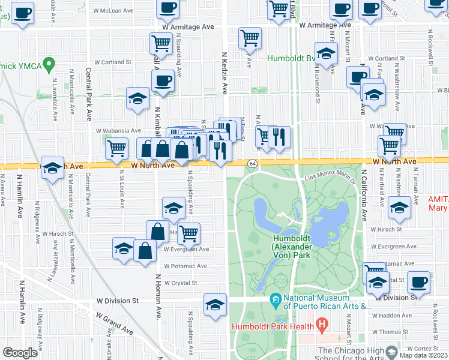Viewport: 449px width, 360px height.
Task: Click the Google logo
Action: point(20,353)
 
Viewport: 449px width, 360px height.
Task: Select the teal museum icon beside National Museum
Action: point(276,298)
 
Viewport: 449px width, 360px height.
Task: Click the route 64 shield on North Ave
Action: point(253,163)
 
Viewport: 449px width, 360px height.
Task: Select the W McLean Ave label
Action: point(117,11)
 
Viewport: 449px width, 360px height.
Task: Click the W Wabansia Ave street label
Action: point(118,130)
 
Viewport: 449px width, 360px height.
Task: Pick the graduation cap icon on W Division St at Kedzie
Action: point(215,304)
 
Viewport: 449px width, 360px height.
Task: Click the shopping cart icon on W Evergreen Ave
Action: point(188,233)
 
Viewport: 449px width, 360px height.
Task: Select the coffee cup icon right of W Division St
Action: point(418,282)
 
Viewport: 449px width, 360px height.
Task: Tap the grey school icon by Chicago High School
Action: point(392,351)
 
